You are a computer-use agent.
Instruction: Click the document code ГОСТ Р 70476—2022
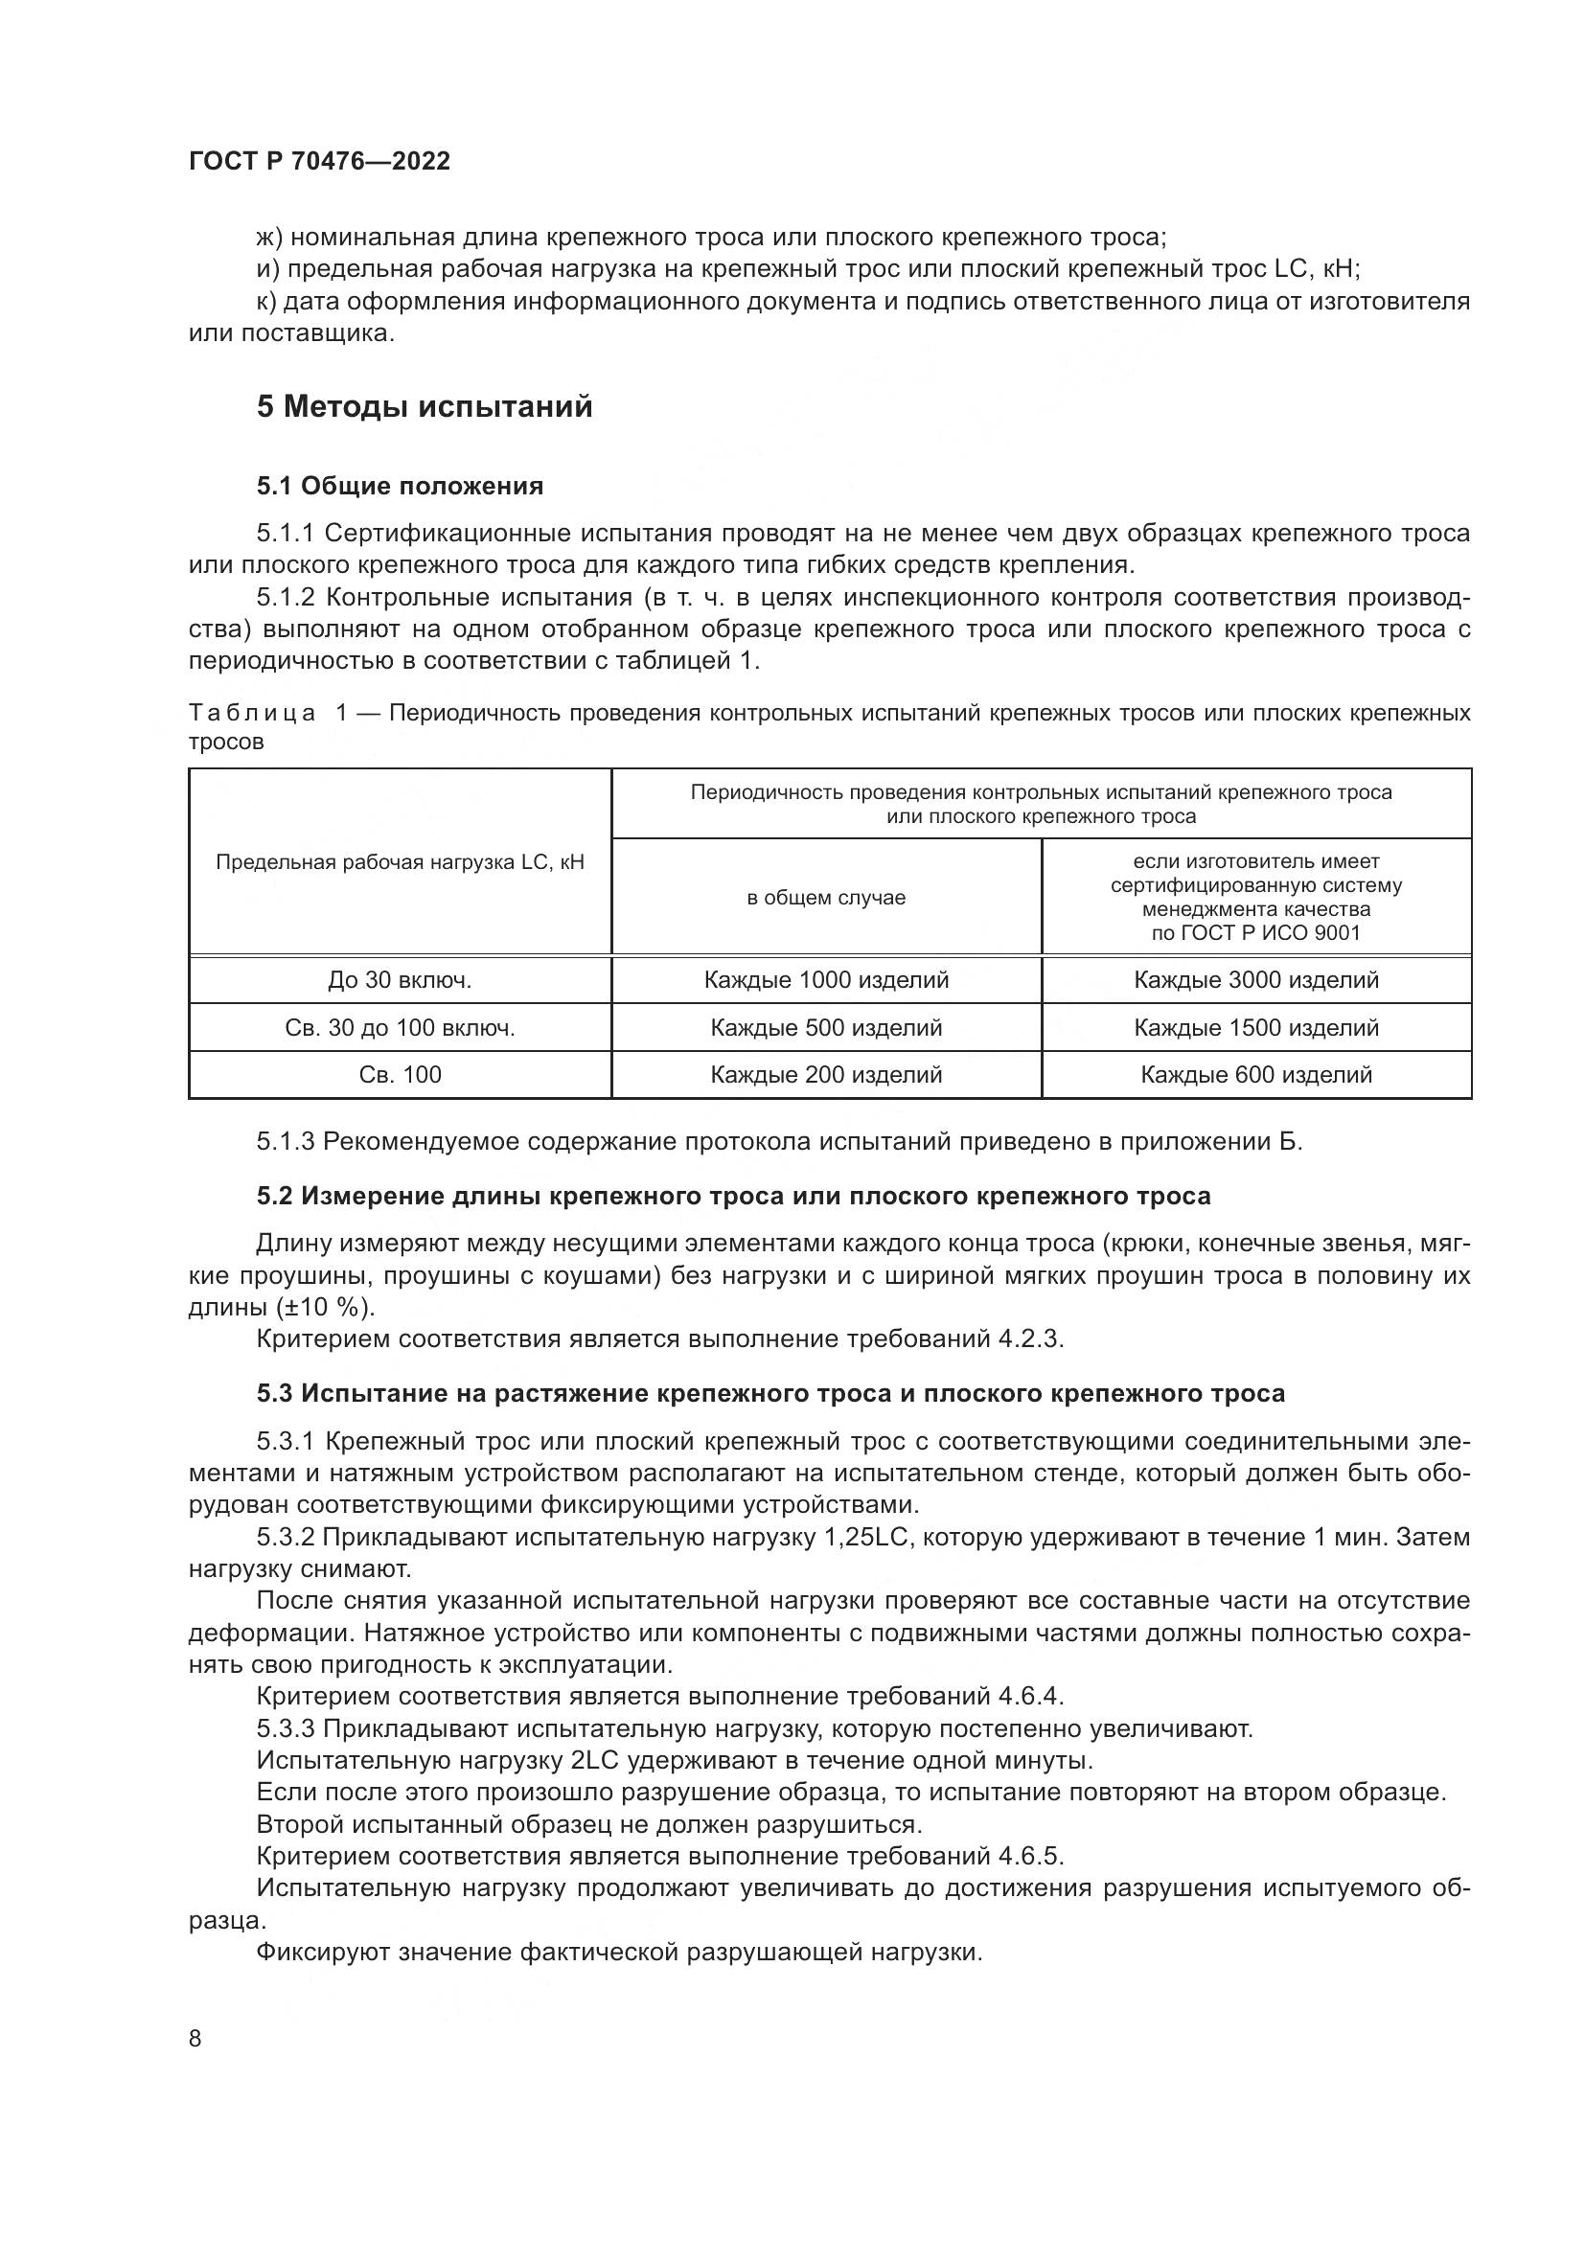pyautogui.click(x=319, y=161)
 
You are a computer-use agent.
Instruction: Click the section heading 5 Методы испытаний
pyautogui.click(x=425, y=406)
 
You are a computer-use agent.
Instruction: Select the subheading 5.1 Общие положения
pyautogui.click(x=401, y=485)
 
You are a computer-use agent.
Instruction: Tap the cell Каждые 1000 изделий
pyautogui.click(x=826, y=980)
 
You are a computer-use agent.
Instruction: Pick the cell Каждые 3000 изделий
pyautogui.click(x=1256, y=980)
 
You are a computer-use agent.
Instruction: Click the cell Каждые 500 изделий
pyautogui.click(x=826, y=1028)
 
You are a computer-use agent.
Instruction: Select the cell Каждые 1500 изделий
pyautogui.click(x=1256, y=1028)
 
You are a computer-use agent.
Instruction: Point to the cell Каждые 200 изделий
pyautogui.click(x=826, y=1075)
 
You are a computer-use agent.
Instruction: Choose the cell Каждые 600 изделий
pyautogui.click(x=1256, y=1075)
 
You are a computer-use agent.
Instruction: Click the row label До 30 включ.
pyautogui.click(x=401, y=980)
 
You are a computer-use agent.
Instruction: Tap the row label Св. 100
pyautogui.click(x=401, y=1075)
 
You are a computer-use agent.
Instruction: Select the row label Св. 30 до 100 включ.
pyautogui.click(x=401, y=1028)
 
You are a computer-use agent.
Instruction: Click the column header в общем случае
pyautogui.click(x=826, y=897)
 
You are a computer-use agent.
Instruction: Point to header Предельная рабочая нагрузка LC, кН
pyautogui.click(x=401, y=862)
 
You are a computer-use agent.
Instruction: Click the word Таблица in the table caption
pyautogui.click(x=252, y=713)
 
